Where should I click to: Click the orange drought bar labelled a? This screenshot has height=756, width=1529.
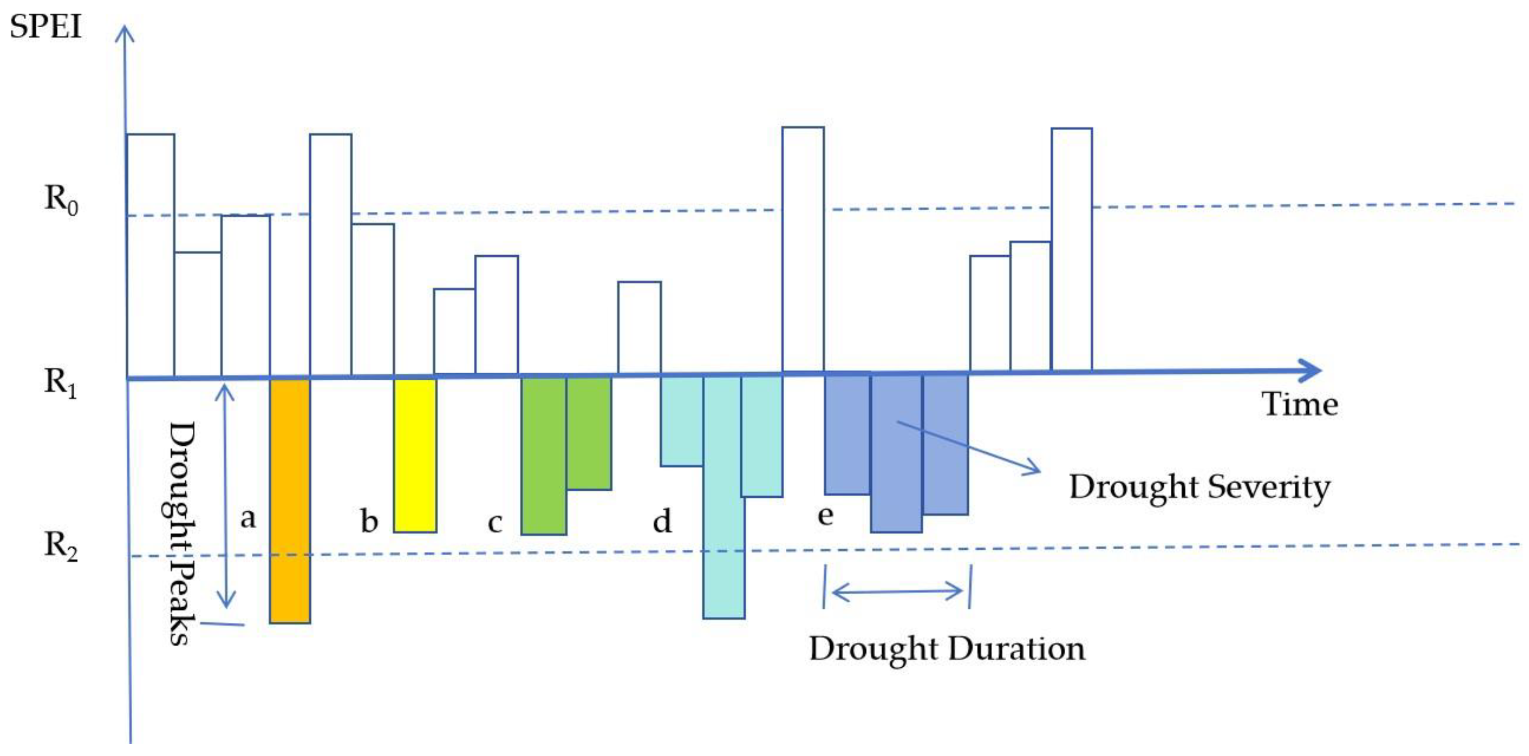point(290,500)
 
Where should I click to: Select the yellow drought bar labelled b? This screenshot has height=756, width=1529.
point(415,455)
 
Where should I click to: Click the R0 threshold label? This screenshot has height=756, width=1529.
point(61,199)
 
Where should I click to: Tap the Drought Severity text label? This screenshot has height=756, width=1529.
point(1199,488)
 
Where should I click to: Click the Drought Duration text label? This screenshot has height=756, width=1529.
point(947,649)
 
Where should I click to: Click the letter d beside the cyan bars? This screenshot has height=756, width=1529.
point(663,521)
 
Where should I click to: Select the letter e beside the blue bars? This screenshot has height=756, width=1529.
point(825,515)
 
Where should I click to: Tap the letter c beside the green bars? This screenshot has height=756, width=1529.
point(495,522)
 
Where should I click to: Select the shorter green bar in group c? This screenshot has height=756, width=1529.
point(589,433)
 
